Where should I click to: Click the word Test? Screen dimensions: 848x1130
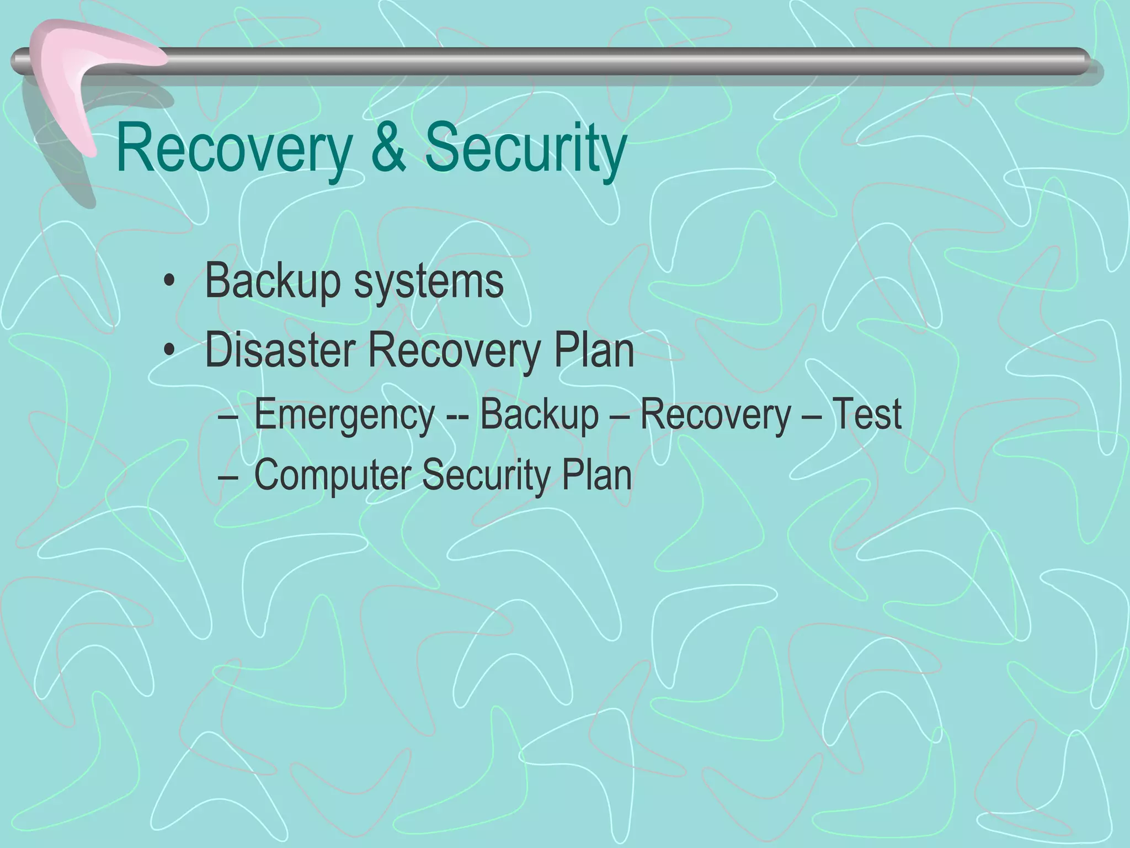point(866,414)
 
